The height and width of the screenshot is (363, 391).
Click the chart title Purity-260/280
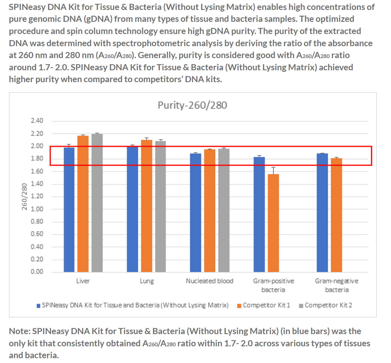[x=192, y=105]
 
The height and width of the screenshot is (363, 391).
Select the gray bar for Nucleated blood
[x=224, y=210]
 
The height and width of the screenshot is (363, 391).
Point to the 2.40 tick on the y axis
[x=37, y=121]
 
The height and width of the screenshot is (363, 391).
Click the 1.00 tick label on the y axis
[x=37, y=209]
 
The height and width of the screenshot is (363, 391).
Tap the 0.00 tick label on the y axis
[x=37, y=272]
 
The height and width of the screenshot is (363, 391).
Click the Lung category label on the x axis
[x=147, y=281]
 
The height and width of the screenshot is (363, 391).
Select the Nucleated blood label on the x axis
[x=209, y=281]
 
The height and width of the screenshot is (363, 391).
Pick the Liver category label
[x=83, y=281]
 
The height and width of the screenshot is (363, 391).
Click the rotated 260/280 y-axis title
[x=24, y=196]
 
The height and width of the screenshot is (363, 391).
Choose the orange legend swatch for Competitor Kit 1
[x=239, y=306]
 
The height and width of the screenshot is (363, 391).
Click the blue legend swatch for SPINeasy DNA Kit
[x=38, y=306]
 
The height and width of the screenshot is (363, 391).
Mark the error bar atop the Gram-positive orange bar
[x=273, y=170]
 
